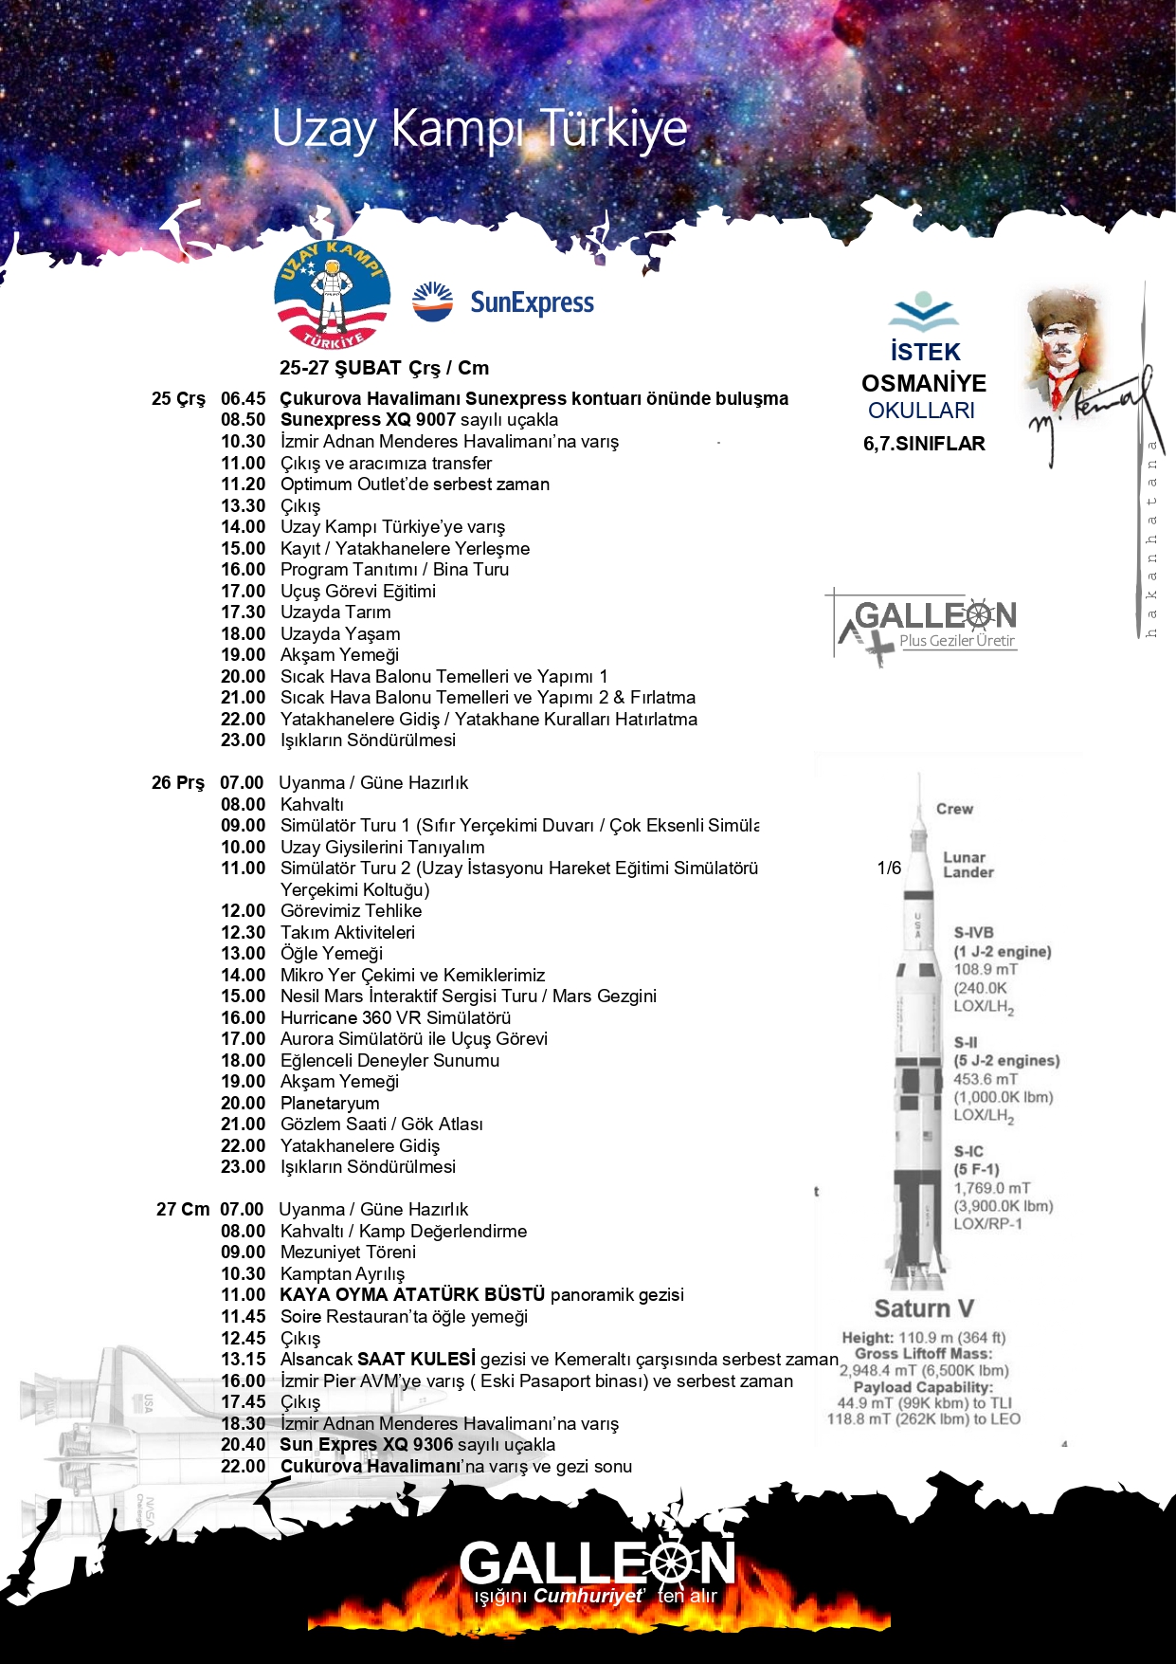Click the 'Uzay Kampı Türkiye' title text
point(479,129)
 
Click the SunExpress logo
point(504,302)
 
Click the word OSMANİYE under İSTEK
point(923,383)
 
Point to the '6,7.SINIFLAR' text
point(923,444)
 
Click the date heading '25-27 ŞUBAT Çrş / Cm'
point(384,368)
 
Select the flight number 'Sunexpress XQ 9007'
point(368,420)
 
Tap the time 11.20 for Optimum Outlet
point(243,485)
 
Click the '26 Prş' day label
point(177,783)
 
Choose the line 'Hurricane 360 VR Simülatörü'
point(395,1018)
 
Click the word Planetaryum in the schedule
point(330,1104)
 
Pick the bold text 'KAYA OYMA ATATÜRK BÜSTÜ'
point(412,1295)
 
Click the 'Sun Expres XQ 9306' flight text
point(366,1445)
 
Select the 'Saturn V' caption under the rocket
point(923,1309)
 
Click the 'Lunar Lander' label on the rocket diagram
point(968,865)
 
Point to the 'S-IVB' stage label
point(973,933)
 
